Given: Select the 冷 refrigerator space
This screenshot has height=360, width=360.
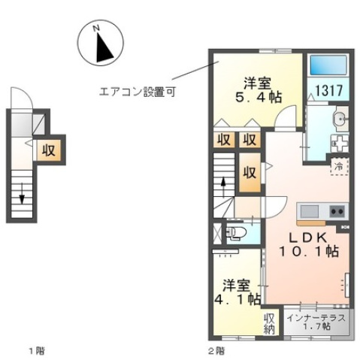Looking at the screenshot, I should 339,165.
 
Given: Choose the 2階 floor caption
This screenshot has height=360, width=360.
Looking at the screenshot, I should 215,350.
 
